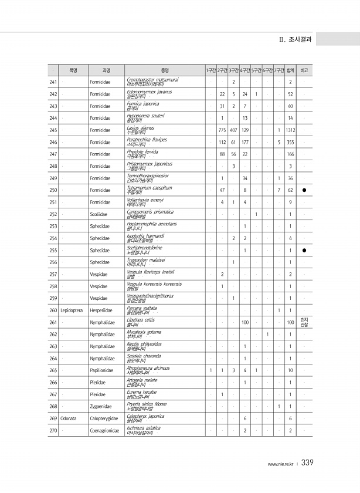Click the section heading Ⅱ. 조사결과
pyautogui.click(x=296, y=40)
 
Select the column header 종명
pyautogui.click(x=165, y=70)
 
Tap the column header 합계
pyautogui.click(x=290, y=70)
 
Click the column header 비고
pyautogui.click(x=304, y=70)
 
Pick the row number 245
pyautogui.click(x=53, y=130)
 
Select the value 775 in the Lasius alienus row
pyautogui.click(x=222, y=130)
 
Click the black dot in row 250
pyautogui.click(x=304, y=190)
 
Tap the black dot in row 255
pyautogui.click(x=304, y=250)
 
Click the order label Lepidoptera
pyautogui.click(x=73, y=310)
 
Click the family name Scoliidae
pyautogui.click(x=100, y=214)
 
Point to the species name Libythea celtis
pyautogui.click(x=141, y=319)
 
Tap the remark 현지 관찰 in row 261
pyautogui.click(x=304, y=322)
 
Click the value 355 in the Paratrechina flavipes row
pyautogui.click(x=290, y=142)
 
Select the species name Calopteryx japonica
pyautogui.click(x=145, y=416)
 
